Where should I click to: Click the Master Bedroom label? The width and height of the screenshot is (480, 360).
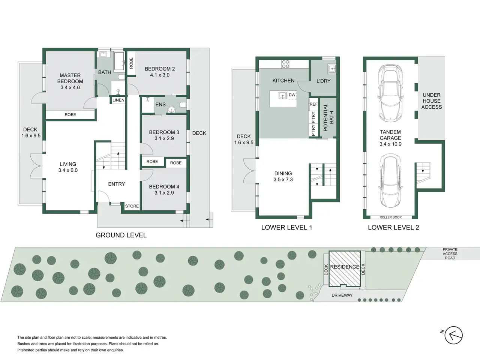pyautogui.click(x=70, y=81)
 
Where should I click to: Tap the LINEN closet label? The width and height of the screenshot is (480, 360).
pyautogui.click(x=118, y=100)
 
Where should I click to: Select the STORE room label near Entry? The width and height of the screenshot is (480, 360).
pyautogui.click(x=132, y=206)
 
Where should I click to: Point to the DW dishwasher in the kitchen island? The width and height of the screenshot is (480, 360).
pyautogui.click(x=292, y=95)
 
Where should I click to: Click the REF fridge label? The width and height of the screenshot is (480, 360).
pyautogui.click(x=313, y=104)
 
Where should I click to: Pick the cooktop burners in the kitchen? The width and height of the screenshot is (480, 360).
pyautogui.click(x=286, y=64)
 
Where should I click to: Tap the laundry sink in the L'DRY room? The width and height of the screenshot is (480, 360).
pyautogui.click(x=332, y=69)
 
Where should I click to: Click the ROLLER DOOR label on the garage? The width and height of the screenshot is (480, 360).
pyautogui.click(x=390, y=217)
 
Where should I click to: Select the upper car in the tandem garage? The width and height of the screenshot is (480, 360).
pyautogui.click(x=390, y=93)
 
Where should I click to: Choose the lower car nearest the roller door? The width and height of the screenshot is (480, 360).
pyautogui.click(x=390, y=180)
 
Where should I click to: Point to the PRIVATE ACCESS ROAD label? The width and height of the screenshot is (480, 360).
pyautogui.click(x=450, y=253)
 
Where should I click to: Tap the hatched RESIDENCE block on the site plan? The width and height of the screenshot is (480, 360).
pyautogui.click(x=345, y=268)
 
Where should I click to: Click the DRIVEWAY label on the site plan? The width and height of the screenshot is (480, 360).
pyautogui.click(x=342, y=295)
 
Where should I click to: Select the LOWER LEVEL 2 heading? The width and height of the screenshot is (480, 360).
pyautogui.click(x=393, y=228)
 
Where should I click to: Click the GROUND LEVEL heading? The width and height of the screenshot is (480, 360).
pyautogui.click(x=121, y=235)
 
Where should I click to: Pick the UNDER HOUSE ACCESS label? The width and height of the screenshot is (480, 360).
pyautogui.click(x=432, y=101)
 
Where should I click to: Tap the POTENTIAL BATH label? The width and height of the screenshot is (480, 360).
pyautogui.click(x=328, y=117)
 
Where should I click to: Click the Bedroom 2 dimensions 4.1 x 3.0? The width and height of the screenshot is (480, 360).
pyautogui.click(x=160, y=75)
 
